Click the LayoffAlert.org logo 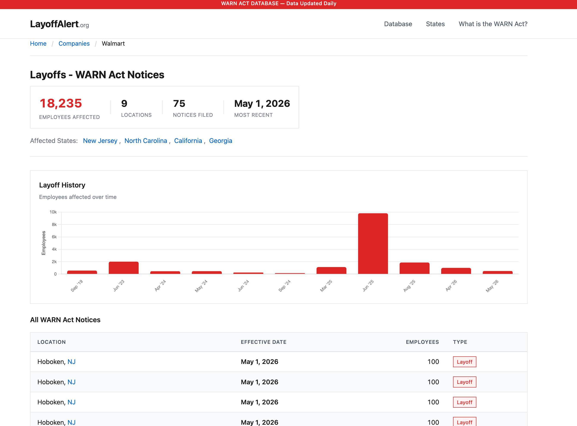(x=59, y=24)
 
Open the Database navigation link (x=398, y=24)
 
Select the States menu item (x=435, y=24)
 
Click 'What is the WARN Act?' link (x=493, y=24)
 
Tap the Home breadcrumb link (x=38, y=44)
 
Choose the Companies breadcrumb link (x=74, y=44)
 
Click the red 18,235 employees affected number (x=61, y=103)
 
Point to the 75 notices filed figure (x=179, y=104)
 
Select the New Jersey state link (x=100, y=141)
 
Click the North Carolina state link (x=146, y=141)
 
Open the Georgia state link (x=220, y=141)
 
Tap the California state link (x=188, y=141)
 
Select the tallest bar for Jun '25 (x=373, y=243)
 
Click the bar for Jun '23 (x=124, y=268)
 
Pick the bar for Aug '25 (x=414, y=268)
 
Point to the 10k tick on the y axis (x=53, y=212)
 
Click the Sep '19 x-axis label (x=77, y=286)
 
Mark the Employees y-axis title (x=44, y=243)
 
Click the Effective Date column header (x=263, y=342)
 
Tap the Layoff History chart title (x=62, y=185)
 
